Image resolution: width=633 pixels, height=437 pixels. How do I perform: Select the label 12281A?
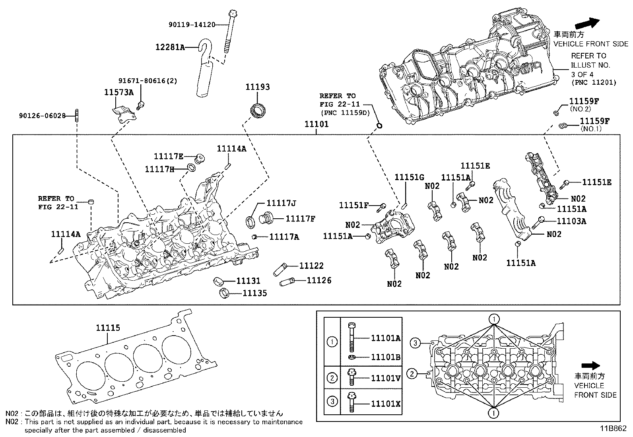click(x=170, y=47)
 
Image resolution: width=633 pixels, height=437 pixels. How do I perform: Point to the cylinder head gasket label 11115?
click(x=108, y=328)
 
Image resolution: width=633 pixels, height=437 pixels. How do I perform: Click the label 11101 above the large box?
click(x=316, y=124)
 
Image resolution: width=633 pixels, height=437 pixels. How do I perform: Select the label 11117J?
click(x=281, y=203)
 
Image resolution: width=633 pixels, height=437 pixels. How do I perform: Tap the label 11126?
click(x=319, y=280)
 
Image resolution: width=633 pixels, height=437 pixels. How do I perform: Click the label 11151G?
click(x=409, y=177)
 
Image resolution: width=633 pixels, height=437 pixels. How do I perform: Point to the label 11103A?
click(x=571, y=221)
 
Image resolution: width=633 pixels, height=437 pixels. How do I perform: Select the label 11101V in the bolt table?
click(x=386, y=378)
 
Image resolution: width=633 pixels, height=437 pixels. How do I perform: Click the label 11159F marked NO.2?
click(x=584, y=101)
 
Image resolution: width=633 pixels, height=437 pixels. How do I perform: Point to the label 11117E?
click(x=169, y=156)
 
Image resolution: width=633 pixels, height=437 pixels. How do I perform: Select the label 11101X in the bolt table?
click(x=386, y=404)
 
